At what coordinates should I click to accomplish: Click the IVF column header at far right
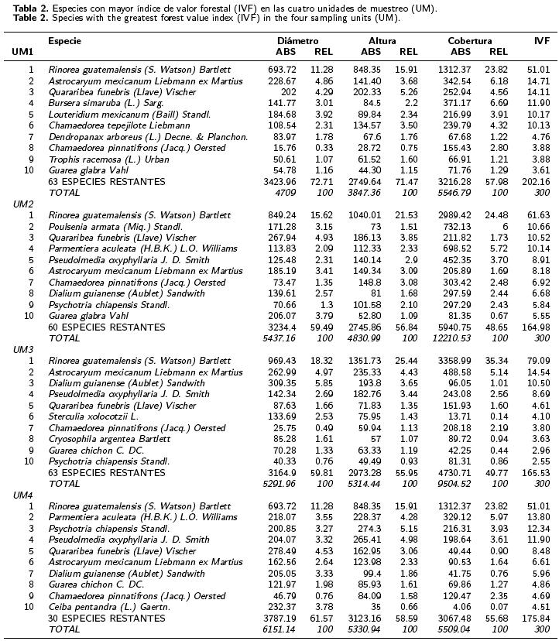point(542,40)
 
